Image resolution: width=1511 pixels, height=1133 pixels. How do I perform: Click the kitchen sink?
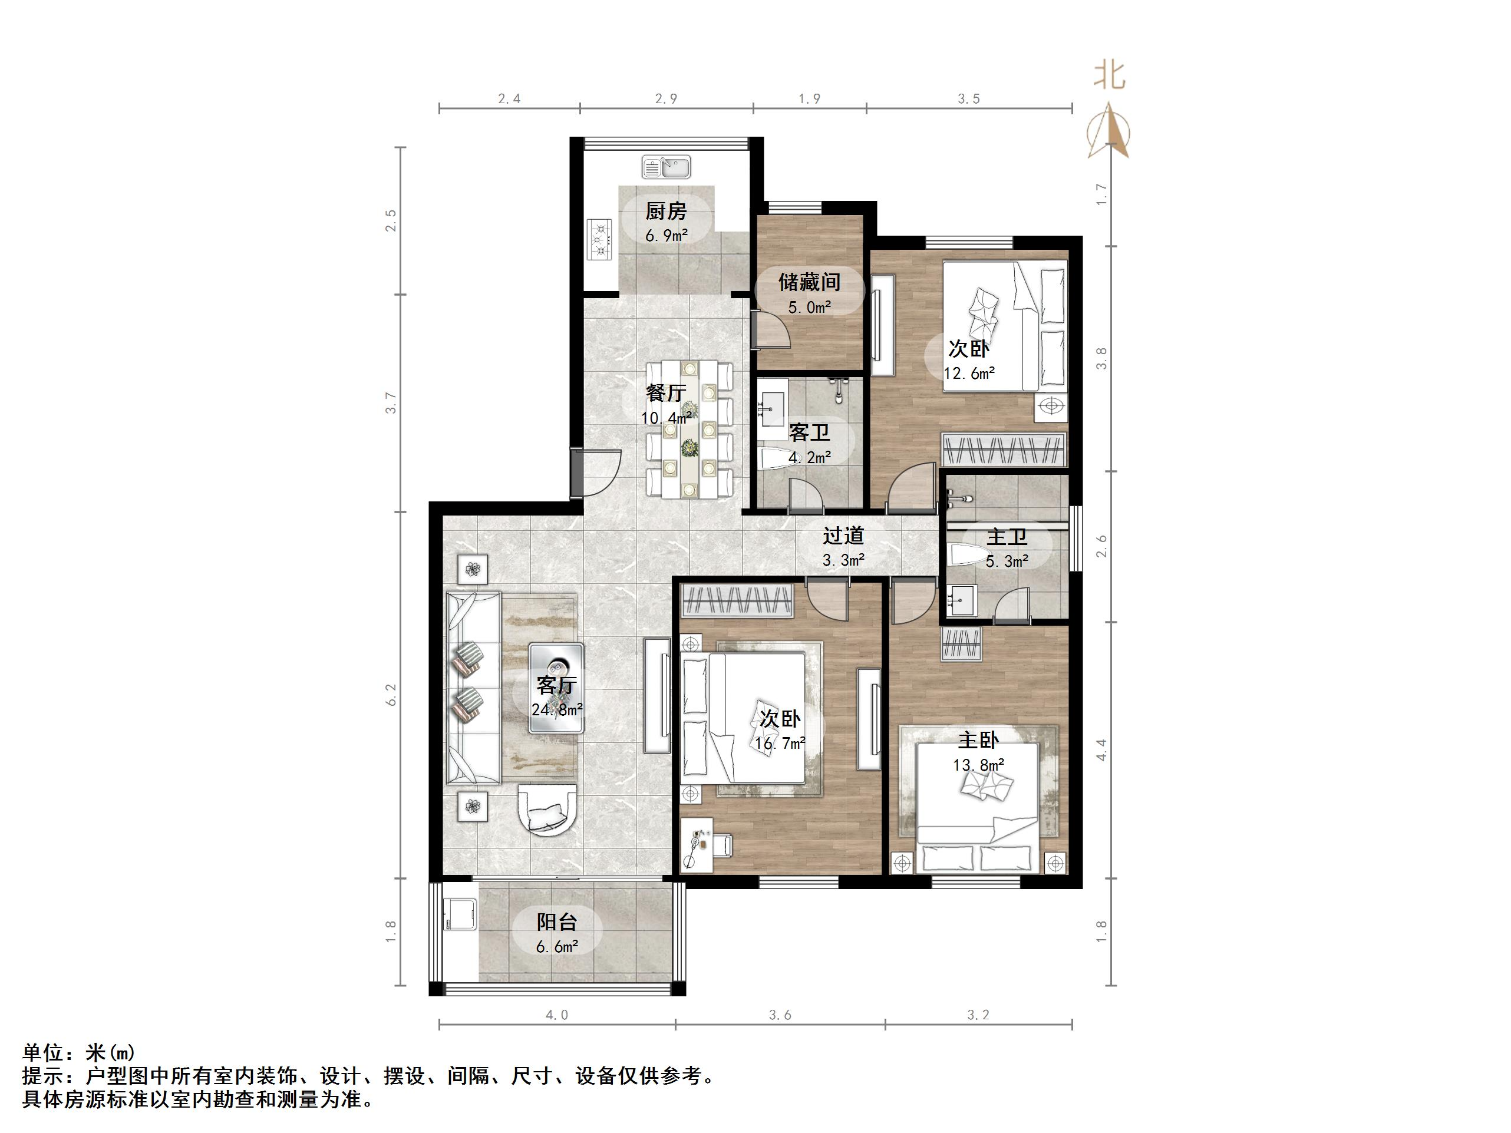tap(667, 167)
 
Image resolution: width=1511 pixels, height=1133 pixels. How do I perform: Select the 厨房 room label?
tap(666, 211)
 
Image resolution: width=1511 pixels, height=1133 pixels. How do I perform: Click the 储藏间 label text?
tap(810, 282)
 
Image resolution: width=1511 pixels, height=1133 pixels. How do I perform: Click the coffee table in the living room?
tap(556, 688)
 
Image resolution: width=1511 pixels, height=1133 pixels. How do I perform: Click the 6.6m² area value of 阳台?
tap(557, 947)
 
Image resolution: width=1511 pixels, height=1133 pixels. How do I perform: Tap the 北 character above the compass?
tap(1109, 75)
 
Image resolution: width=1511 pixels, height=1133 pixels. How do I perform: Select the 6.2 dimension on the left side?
tap(391, 695)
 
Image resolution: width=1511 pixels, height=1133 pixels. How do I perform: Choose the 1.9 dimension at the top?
tap(810, 99)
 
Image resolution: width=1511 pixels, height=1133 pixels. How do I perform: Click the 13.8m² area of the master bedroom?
tap(978, 765)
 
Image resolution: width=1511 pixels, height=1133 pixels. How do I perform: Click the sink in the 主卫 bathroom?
tap(960, 600)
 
